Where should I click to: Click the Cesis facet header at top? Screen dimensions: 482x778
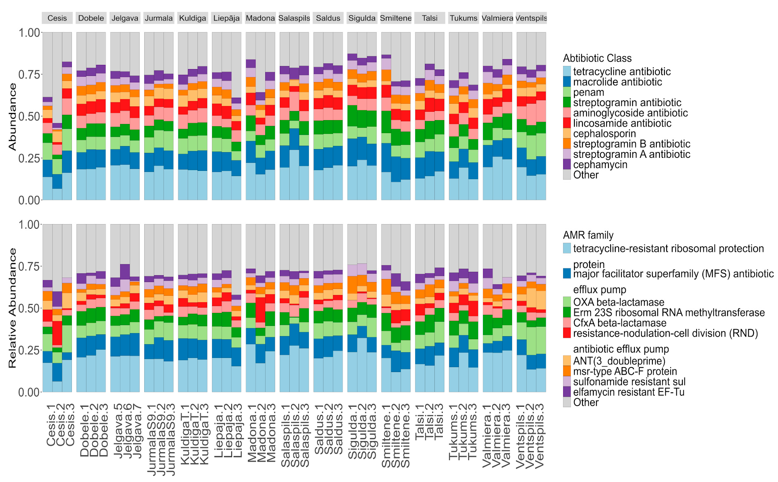57,18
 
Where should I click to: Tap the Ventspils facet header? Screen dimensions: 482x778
531,18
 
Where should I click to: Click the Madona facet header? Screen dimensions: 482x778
260,18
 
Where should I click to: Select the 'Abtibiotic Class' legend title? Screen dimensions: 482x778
597,58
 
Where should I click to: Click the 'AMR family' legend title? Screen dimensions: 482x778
588,235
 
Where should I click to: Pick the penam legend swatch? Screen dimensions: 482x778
567,92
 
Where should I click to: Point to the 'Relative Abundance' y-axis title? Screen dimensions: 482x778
12,308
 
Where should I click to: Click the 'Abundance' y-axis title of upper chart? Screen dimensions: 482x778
12,117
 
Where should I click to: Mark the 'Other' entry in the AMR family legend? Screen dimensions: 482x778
586,402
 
